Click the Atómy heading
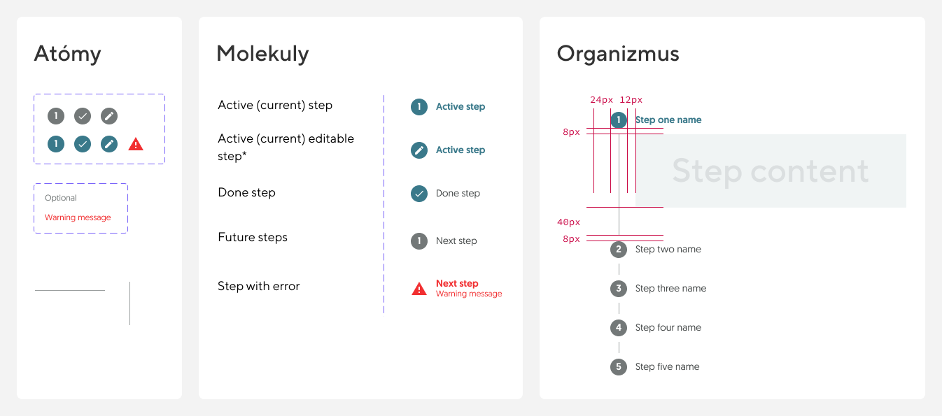pyautogui.click(x=68, y=54)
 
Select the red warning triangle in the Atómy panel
pyautogui.click(x=136, y=144)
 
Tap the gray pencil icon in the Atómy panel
pyautogui.click(x=109, y=116)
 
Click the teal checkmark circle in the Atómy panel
pyautogui.click(x=83, y=144)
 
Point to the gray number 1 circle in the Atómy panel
pyautogui.click(x=56, y=116)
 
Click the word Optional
pyautogui.click(x=61, y=198)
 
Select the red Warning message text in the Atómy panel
pyautogui.click(x=78, y=217)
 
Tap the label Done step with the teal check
pyautogui.click(x=458, y=193)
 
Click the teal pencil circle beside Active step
pyautogui.click(x=419, y=150)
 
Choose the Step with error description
pyautogui.click(x=259, y=286)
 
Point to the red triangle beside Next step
pyautogui.click(x=419, y=289)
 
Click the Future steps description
pyautogui.click(x=253, y=238)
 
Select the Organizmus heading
pyautogui.click(x=618, y=54)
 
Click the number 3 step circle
pyautogui.click(x=619, y=289)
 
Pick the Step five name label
pyautogui.click(x=668, y=367)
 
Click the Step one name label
pyautogui.click(x=668, y=120)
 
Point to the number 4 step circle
pyautogui.click(x=619, y=328)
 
